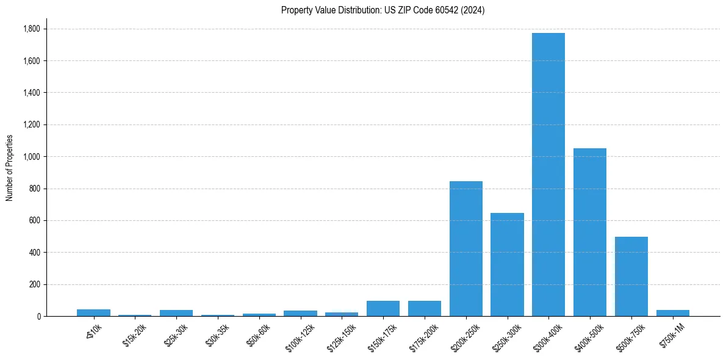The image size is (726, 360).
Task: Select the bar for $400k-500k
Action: click(590, 232)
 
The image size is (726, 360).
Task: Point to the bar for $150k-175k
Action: click(383, 308)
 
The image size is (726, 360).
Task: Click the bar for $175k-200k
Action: click(425, 308)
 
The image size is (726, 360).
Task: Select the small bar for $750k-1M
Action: click(673, 313)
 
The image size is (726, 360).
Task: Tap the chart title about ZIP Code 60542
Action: click(383, 10)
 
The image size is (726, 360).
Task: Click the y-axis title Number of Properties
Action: click(10, 168)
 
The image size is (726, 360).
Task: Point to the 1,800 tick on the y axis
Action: click(31, 29)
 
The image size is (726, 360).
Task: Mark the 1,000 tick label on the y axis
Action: click(31, 157)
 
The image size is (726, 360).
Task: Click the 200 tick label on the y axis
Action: click(35, 284)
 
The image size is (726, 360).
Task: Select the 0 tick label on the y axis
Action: click(38, 316)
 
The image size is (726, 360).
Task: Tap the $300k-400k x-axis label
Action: click(548, 336)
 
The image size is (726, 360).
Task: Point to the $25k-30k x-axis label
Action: click(177, 335)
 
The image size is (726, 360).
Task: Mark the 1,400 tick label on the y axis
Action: click(31, 93)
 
